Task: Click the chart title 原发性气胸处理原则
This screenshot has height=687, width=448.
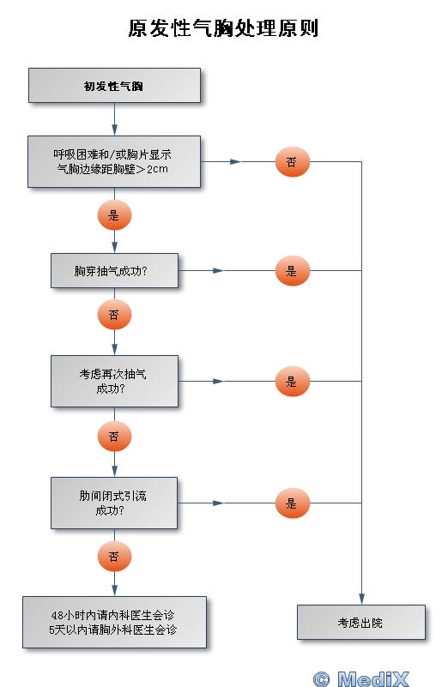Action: tap(223, 28)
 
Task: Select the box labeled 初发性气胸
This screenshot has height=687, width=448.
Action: tap(114, 86)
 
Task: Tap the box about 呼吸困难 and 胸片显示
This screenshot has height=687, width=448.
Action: tap(114, 162)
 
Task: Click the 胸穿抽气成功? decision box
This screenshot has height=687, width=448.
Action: tap(114, 271)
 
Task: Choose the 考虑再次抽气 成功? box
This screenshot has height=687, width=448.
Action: tap(114, 381)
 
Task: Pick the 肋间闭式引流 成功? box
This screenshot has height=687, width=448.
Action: tap(114, 503)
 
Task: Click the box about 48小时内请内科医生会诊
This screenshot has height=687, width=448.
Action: tap(114, 622)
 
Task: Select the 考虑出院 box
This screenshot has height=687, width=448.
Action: tap(361, 622)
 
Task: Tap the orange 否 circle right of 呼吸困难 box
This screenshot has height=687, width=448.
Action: tap(293, 162)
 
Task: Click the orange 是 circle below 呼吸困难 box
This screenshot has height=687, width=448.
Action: tap(114, 215)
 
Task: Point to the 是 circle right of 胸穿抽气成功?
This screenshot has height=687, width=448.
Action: tap(293, 271)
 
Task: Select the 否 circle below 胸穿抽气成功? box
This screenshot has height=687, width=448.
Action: tap(114, 315)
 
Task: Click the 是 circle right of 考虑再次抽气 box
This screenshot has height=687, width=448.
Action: tap(293, 381)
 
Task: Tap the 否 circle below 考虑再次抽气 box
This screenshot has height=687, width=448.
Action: tap(114, 437)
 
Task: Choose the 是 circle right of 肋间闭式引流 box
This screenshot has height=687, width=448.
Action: tap(293, 503)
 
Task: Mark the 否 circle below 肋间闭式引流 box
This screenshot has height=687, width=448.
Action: tap(114, 557)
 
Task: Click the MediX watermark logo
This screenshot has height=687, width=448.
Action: tap(361, 678)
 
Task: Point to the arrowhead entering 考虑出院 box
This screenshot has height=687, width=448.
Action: tap(361, 599)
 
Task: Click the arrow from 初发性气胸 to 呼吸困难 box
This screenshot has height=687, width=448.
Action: tap(114, 119)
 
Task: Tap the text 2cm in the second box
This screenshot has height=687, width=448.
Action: tap(157, 169)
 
